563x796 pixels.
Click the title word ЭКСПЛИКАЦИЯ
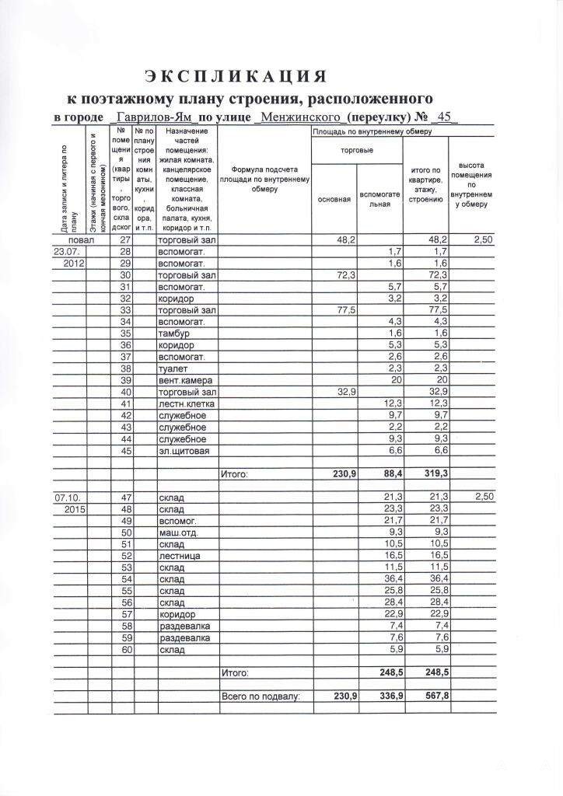(x=233, y=76)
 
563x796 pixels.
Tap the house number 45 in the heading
(x=445, y=117)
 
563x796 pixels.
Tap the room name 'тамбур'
(x=174, y=333)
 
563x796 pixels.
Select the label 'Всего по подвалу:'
(x=261, y=696)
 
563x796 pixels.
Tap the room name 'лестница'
(x=180, y=556)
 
